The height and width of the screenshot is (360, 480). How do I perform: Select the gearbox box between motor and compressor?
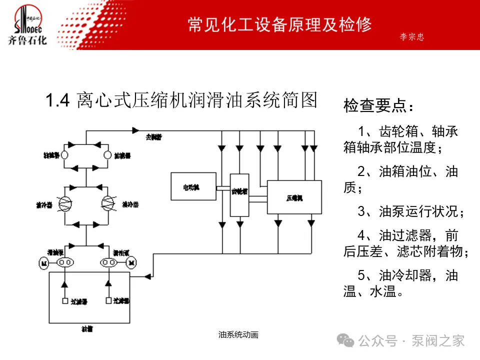239,195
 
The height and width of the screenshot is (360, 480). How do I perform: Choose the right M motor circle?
132,262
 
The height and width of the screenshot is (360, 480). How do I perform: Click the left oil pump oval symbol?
64,262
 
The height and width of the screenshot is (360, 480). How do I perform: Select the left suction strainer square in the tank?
64,301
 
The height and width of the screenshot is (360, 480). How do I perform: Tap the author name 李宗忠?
412,37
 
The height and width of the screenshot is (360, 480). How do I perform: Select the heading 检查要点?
378,106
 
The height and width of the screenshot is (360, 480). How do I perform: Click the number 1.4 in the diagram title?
57,101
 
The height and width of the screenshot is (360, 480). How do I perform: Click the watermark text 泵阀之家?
438,341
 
